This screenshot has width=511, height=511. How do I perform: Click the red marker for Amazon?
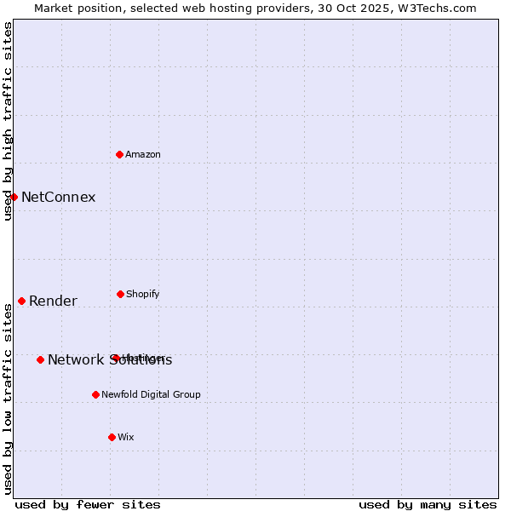[x=120, y=154]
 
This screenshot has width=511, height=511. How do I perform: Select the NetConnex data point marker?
[x=14, y=197]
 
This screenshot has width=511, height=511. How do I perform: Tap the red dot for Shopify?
[x=120, y=294]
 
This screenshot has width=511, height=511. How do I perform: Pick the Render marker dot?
[x=21, y=301]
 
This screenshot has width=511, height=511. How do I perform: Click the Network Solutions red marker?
[x=40, y=359]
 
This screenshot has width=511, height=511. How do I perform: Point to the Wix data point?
[x=112, y=437]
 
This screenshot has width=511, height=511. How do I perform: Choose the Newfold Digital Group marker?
[x=95, y=394]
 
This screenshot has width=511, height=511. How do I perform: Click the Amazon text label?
[x=143, y=154]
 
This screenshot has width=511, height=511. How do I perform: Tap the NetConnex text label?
[x=58, y=198]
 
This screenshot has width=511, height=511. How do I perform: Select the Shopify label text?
[x=143, y=294]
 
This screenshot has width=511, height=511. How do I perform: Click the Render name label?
[x=53, y=301]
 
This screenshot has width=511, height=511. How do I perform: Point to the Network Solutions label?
[x=110, y=360]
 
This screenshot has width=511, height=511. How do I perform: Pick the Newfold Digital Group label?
[x=151, y=394]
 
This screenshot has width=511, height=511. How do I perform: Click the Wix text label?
[x=126, y=437]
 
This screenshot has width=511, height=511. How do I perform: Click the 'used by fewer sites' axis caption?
[x=88, y=504]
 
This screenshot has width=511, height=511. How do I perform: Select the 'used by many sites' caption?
[x=428, y=504]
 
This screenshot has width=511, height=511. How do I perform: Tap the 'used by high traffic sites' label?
[x=8, y=121]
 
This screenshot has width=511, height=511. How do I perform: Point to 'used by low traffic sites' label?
[x=8, y=399]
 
